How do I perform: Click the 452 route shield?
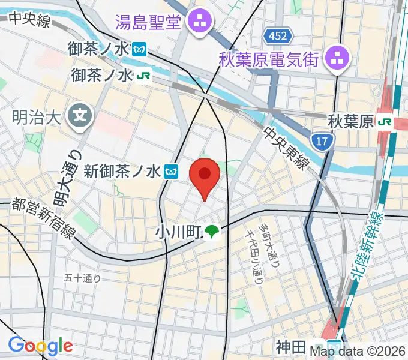[x=278, y=37]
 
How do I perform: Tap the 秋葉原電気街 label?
[x=270, y=59]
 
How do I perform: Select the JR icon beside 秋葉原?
[x=384, y=122]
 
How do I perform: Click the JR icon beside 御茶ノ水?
[x=143, y=76]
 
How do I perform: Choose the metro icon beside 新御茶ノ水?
[x=172, y=172]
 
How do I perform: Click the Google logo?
[x=40, y=346]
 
